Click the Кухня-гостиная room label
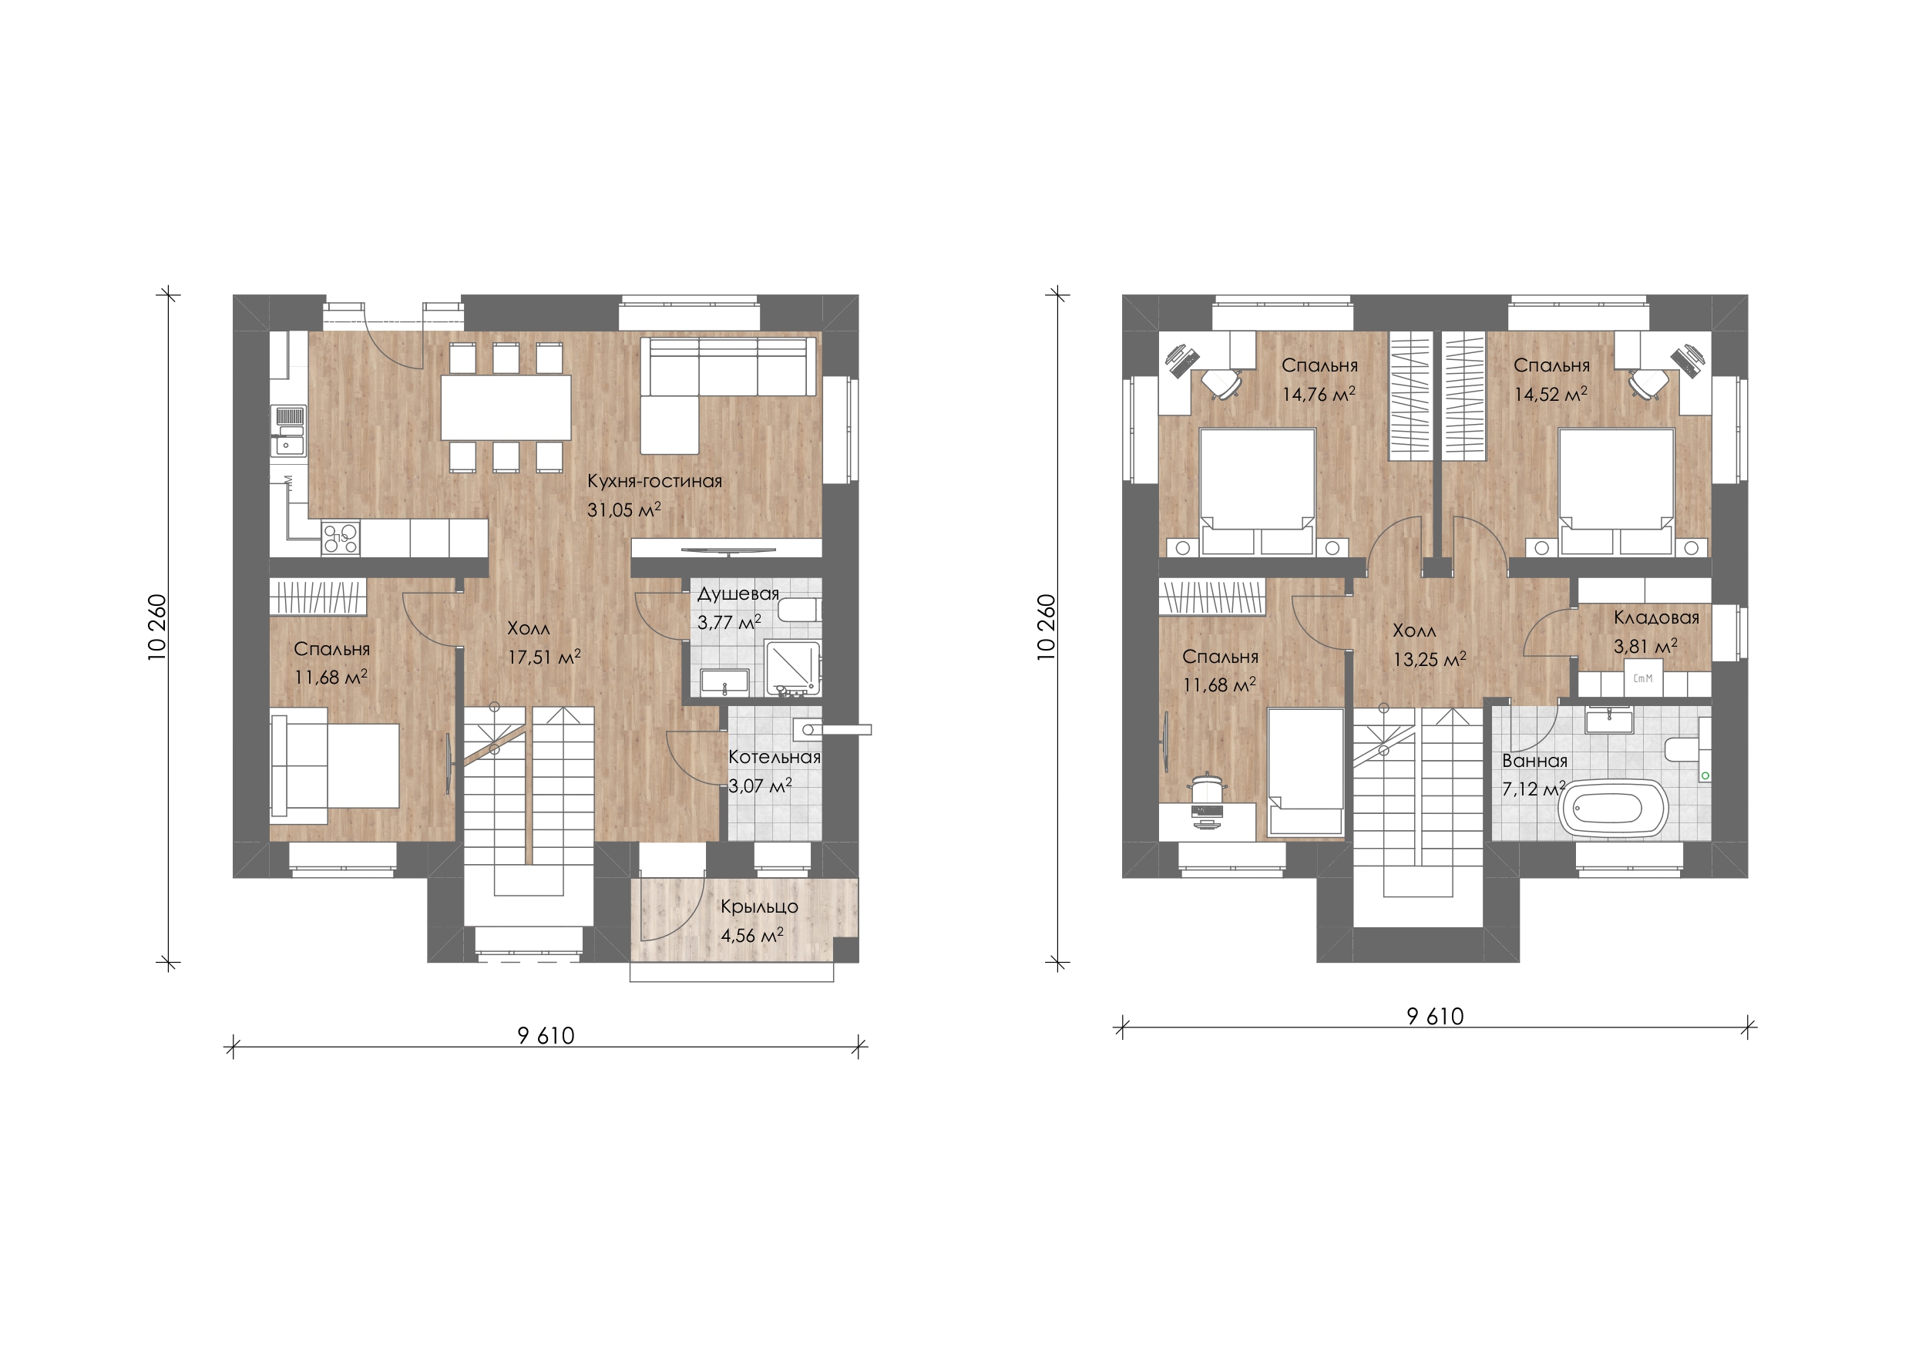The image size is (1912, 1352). [x=654, y=482]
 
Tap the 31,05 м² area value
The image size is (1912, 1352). [x=623, y=510]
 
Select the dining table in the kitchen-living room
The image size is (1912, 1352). [x=506, y=407]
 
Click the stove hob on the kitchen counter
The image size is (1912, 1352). [x=341, y=537]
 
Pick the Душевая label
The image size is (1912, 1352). [x=738, y=594]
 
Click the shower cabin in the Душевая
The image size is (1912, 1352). [x=793, y=668]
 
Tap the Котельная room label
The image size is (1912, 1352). [x=774, y=757]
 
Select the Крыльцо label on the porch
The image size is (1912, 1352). [x=759, y=906]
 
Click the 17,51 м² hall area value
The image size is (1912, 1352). [x=545, y=657]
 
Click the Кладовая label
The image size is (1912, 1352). [x=1656, y=617]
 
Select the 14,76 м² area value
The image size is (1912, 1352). [x=1319, y=394]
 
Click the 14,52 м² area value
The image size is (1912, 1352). [x=1551, y=394]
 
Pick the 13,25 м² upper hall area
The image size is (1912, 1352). [x=1430, y=660]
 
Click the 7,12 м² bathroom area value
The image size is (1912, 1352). [x=1534, y=788]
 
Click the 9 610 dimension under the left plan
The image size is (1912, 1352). [x=546, y=1035]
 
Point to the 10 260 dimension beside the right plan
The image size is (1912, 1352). [x=1047, y=627]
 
